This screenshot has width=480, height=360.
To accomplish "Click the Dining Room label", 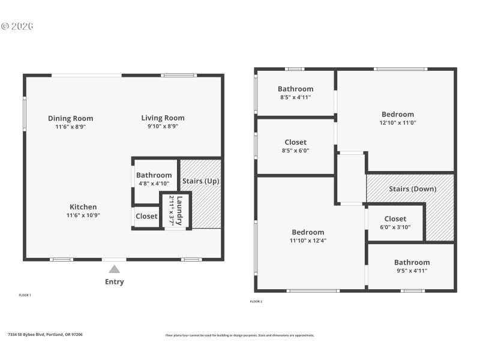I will pyautogui.click(x=70, y=118).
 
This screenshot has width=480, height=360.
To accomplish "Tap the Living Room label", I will pyautogui.click(x=163, y=118).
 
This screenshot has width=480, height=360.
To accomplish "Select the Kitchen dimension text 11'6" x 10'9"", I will pyautogui.click(x=83, y=215).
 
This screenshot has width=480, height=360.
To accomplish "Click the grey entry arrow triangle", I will pyautogui.click(x=114, y=269).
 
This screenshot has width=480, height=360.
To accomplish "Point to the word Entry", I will pyautogui.click(x=114, y=281).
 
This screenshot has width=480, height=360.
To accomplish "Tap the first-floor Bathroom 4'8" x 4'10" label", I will pyautogui.click(x=154, y=175).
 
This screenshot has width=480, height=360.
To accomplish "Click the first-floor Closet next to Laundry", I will pyautogui.click(x=146, y=216).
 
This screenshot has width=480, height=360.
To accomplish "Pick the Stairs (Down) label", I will pyautogui.click(x=412, y=189).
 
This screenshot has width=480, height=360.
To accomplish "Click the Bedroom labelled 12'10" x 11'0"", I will pyautogui.click(x=397, y=115).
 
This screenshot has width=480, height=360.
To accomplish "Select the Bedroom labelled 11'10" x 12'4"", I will pyautogui.click(x=308, y=232).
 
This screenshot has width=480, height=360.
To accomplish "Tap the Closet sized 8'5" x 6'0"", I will pyautogui.click(x=295, y=142).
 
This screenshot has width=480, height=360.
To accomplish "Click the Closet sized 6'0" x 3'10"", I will pyautogui.click(x=395, y=219).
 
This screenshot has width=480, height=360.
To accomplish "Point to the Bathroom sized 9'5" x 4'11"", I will pyautogui.click(x=412, y=262).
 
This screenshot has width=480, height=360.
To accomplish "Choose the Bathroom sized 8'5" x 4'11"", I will pyautogui.click(x=295, y=89).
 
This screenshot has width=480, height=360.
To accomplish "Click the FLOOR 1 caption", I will pyautogui.click(x=25, y=295).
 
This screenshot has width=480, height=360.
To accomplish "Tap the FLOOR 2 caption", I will pyautogui.click(x=256, y=301).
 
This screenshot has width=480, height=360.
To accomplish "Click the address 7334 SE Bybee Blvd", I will pyautogui.click(x=45, y=334).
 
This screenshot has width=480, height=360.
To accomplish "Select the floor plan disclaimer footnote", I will pyautogui.click(x=239, y=335).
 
